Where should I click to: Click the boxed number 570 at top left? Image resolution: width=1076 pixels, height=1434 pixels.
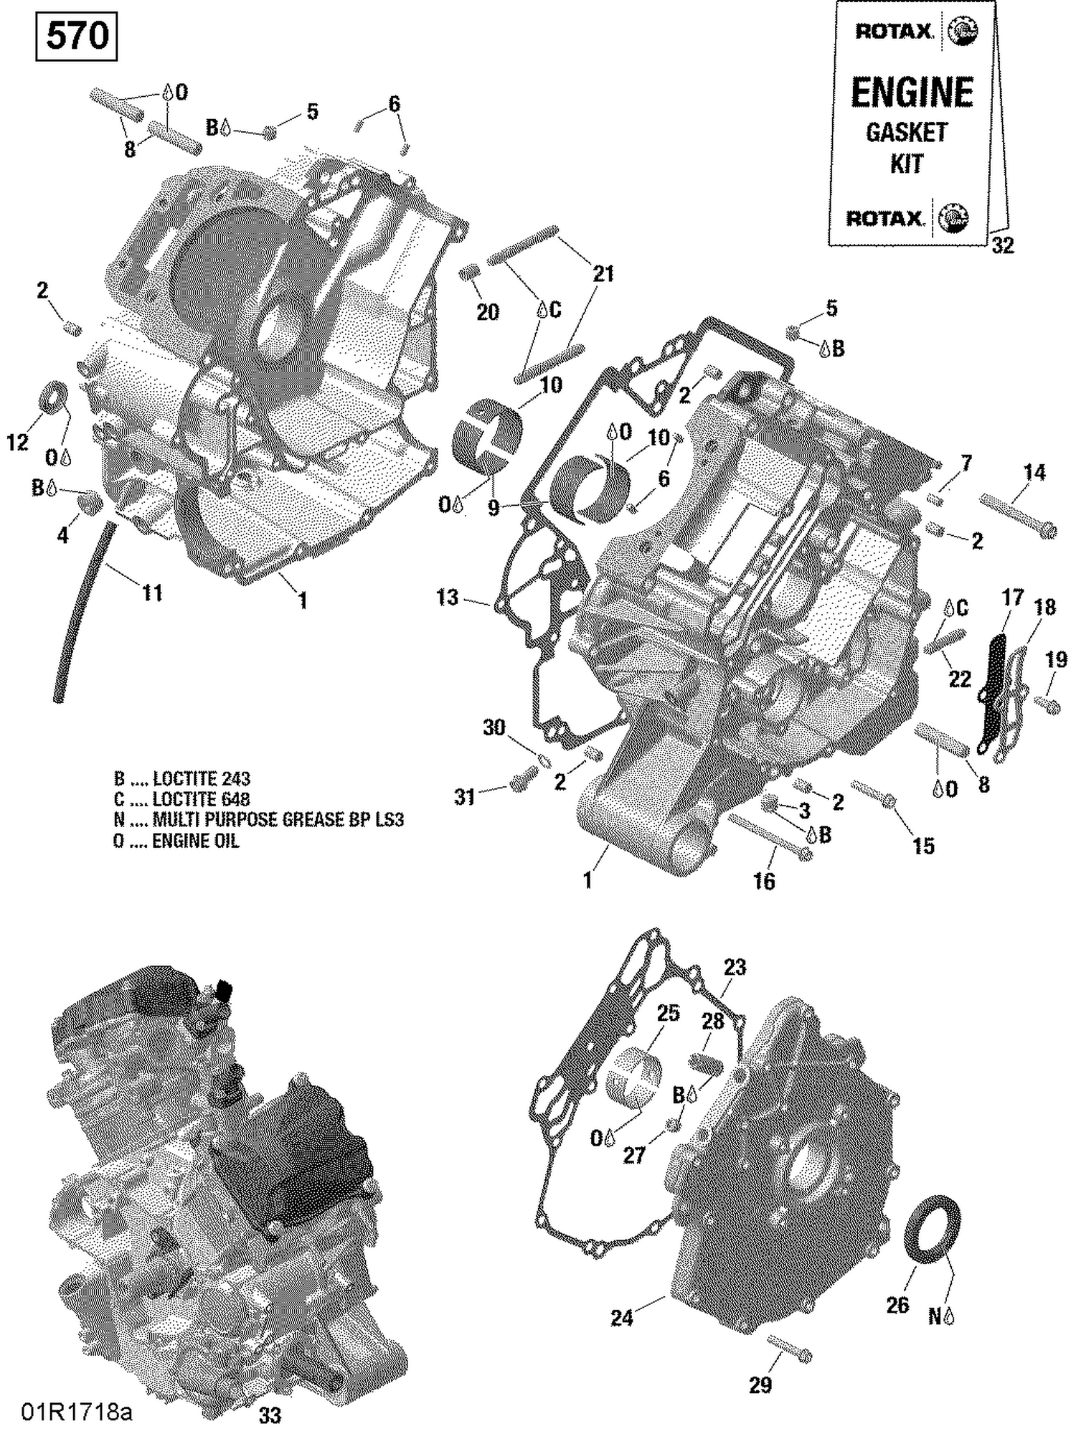pyautogui.click(x=76, y=36)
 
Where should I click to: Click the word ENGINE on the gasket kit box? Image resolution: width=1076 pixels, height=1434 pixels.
pyautogui.click(x=912, y=93)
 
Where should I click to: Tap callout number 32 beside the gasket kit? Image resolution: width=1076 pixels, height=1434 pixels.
pyautogui.click(x=1002, y=246)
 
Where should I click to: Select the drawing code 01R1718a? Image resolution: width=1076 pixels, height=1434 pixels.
pyautogui.click(x=76, y=1412)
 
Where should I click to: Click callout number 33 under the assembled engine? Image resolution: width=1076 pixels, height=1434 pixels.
pyautogui.click(x=270, y=1415)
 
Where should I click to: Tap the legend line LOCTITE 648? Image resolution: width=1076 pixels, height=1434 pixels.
pyautogui.click(x=182, y=799)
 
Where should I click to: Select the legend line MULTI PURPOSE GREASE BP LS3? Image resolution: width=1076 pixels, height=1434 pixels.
pyautogui.click(x=258, y=820)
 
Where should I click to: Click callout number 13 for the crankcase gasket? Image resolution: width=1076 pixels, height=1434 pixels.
pyautogui.click(x=447, y=597)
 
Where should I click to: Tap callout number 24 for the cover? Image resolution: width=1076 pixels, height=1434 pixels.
pyautogui.click(x=621, y=1318)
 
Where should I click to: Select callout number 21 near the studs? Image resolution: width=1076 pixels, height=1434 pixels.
pyautogui.click(x=603, y=273)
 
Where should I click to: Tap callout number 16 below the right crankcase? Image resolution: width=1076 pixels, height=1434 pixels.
pyautogui.click(x=764, y=880)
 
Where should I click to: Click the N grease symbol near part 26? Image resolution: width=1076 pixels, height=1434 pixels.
pyautogui.click(x=941, y=1316)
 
